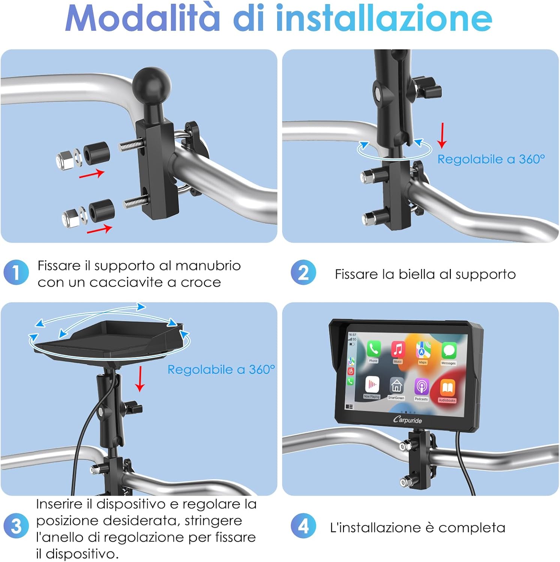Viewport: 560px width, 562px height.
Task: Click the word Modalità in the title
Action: point(143,19)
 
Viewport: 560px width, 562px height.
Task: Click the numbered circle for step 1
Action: point(16,272)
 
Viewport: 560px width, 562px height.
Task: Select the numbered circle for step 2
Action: point(303,272)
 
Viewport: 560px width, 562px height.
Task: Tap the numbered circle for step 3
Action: point(16,526)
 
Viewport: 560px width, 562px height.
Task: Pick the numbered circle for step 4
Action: point(303,526)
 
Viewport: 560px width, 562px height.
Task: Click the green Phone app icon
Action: point(373,349)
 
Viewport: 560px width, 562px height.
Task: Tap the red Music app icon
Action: point(398,350)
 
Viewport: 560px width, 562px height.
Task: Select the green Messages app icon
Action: point(449,351)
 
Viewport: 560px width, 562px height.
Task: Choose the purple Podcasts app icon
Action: point(422,387)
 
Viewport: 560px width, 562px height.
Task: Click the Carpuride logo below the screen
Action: point(407,420)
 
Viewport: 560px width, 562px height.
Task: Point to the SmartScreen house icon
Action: point(396,386)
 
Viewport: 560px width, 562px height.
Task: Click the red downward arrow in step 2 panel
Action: point(443,136)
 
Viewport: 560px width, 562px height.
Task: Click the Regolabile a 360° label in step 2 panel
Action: point(491,159)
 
